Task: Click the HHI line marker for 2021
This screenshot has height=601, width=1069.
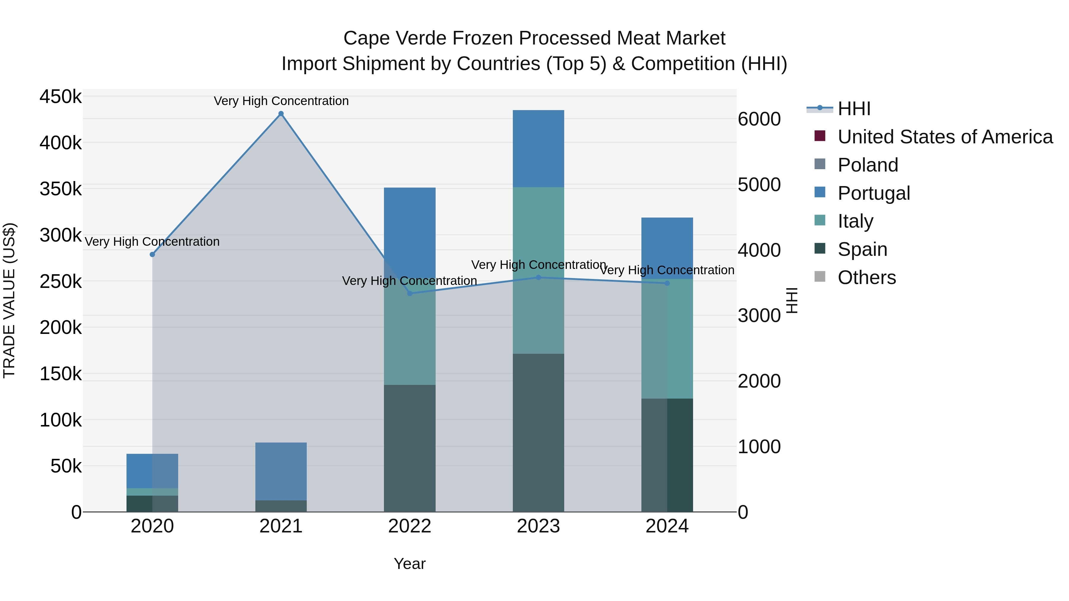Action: (281, 114)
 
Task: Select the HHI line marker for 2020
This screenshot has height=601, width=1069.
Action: (152, 254)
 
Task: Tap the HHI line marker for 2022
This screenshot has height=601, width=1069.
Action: (409, 293)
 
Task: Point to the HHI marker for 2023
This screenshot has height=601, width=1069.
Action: (538, 277)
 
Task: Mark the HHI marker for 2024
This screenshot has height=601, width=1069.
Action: (667, 283)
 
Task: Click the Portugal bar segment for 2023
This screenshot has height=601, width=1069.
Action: (538, 148)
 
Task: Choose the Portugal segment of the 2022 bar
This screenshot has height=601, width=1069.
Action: (409, 224)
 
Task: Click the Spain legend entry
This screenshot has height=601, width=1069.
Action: (862, 249)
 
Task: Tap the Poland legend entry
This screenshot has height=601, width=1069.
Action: (867, 165)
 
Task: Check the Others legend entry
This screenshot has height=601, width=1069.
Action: (866, 277)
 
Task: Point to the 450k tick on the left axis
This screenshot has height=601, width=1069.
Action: (61, 97)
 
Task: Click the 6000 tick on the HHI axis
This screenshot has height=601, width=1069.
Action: (759, 119)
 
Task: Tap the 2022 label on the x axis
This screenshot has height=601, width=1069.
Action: (409, 526)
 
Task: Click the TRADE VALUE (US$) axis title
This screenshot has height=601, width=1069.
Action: (9, 300)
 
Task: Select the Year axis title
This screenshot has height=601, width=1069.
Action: (409, 564)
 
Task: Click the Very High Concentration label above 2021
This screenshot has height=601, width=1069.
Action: (281, 101)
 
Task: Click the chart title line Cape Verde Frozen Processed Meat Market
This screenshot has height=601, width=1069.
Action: (534, 38)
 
